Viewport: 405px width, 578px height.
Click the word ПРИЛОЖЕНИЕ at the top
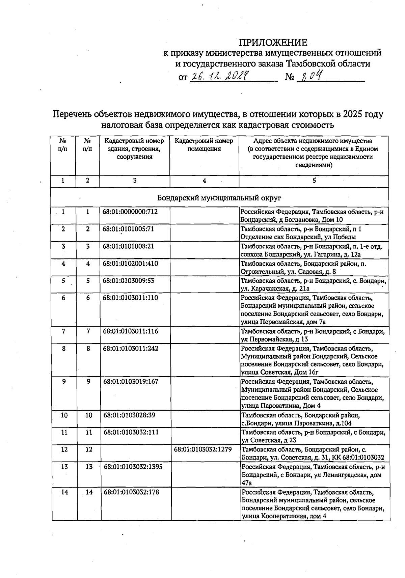273,43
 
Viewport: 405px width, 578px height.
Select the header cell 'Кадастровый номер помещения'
204,145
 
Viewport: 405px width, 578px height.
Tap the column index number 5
314,181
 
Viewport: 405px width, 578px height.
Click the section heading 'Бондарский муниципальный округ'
219,198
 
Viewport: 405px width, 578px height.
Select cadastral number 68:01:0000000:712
130,212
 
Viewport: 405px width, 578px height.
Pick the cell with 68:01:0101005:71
128,229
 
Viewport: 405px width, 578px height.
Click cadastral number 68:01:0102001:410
130,263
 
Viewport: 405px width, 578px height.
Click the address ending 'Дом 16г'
313,360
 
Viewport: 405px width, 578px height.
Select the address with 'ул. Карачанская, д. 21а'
313,284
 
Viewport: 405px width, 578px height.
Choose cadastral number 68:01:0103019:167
131,381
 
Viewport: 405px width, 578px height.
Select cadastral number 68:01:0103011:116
131,331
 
